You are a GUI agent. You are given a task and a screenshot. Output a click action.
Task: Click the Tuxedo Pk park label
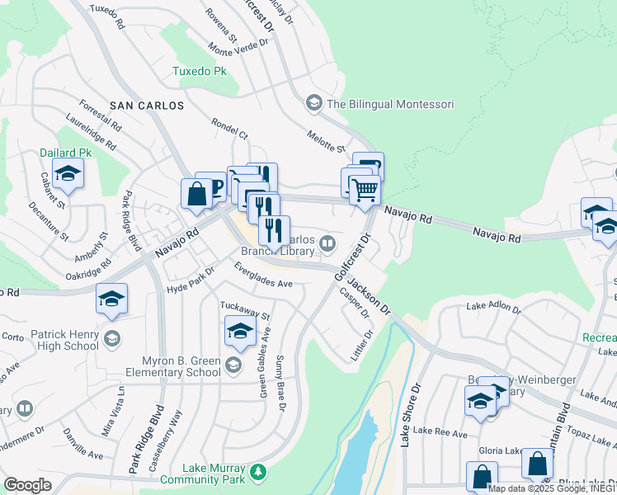click(199, 72)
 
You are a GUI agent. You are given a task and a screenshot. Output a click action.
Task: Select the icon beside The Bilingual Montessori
click(313, 103)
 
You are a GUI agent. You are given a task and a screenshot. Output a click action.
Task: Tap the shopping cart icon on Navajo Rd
click(364, 191)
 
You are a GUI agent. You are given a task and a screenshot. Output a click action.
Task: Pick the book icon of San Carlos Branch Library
click(327, 243)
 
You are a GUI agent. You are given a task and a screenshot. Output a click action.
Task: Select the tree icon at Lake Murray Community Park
click(259, 471)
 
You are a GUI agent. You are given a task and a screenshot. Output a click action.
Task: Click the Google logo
click(27, 485)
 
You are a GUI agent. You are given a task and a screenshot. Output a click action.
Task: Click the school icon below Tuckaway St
click(239, 331)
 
